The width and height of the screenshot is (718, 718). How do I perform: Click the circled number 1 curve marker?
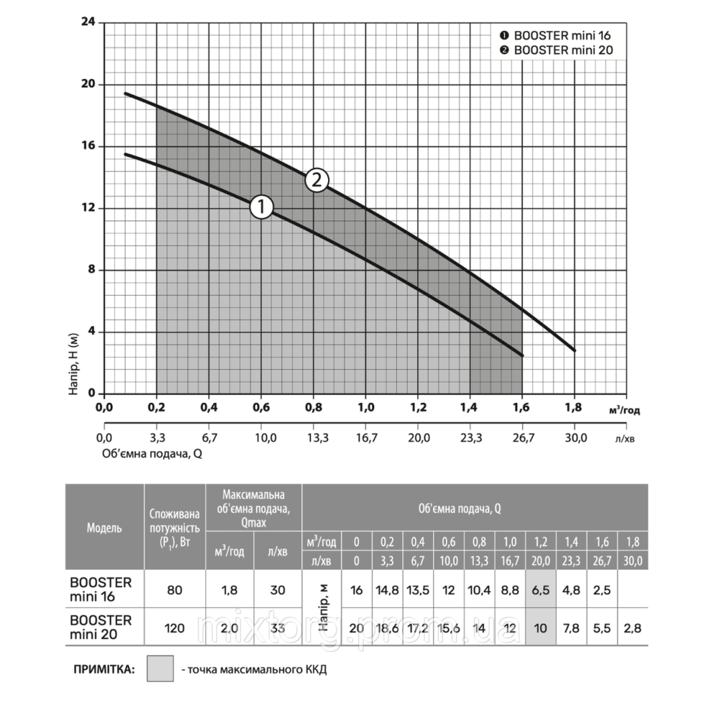[261, 208]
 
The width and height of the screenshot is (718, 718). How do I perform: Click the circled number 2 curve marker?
[316, 180]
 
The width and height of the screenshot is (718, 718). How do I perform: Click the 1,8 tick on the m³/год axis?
[574, 409]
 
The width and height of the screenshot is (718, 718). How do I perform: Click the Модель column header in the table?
[104, 528]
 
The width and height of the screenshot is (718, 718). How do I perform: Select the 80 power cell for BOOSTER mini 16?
[174, 590]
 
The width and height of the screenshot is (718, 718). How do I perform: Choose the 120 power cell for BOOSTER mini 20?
[174, 628]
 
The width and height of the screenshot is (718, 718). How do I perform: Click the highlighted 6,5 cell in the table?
[541, 590]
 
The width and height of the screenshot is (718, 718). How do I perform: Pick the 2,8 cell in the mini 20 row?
[633, 628]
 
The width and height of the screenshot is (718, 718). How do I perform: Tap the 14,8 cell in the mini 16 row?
[388, 590]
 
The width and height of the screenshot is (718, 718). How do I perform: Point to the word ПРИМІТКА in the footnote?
[105, 669]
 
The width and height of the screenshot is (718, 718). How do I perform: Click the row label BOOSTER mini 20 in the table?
[100, 627]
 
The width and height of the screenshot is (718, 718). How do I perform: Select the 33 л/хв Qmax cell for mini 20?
[278, 628]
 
